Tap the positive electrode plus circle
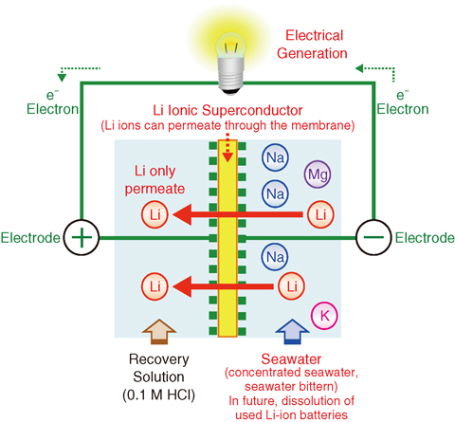click(x=82, y=237)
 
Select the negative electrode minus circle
click(x=373, y=237)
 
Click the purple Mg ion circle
click(x=318, y=174)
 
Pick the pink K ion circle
click(x=324, y=316)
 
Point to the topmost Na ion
click(x=275, y=157)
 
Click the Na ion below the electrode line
click(x=275, y=257)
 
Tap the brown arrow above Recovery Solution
click(x=159, y=332)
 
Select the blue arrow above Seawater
click(x=292, y=332)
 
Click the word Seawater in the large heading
click(x=291, y=359)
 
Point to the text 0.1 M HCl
click(x=158, y=395)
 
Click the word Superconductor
click(x=252, y=110)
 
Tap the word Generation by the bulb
click(x=312, y=53)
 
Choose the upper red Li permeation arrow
click(x=238, y=214)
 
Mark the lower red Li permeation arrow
click(x=223, y=286)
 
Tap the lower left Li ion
click(x=155, y=286)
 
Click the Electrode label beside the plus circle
click(x=30, y=238)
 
